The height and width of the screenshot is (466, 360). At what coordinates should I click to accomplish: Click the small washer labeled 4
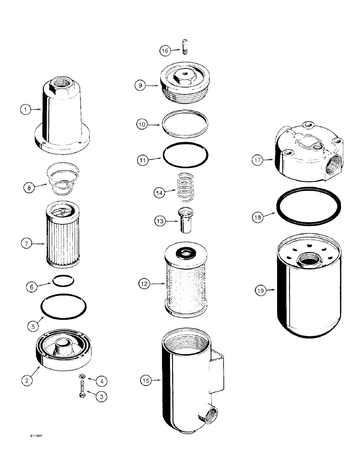coord(81,377)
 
